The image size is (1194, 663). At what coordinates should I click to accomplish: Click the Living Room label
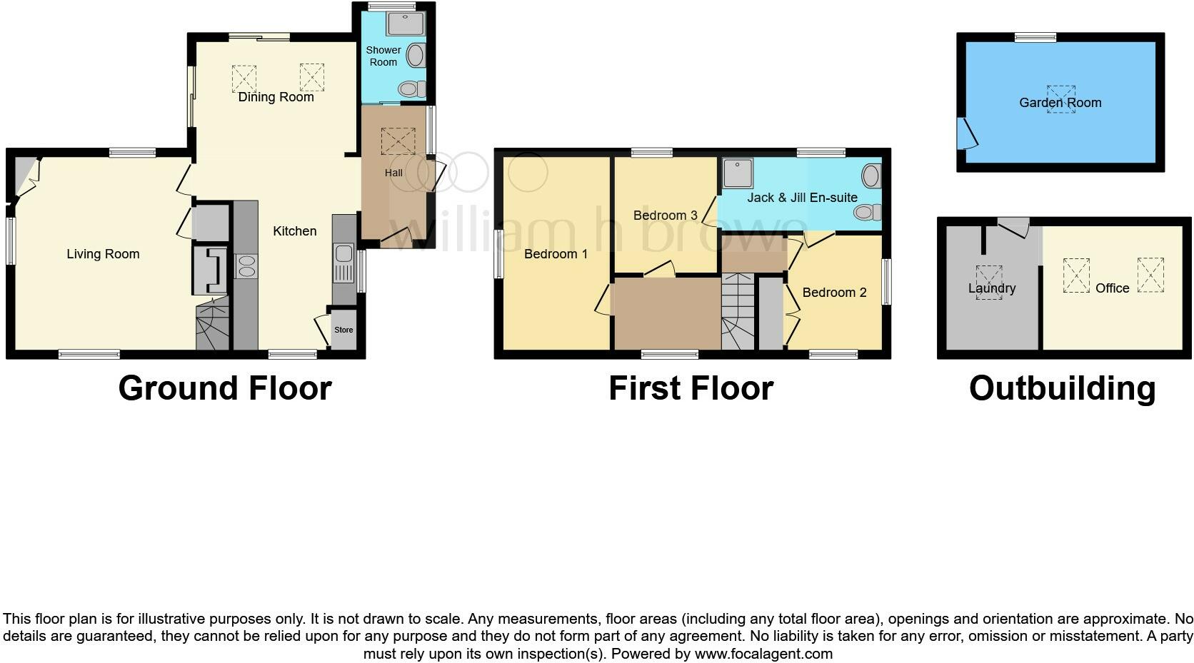[103, 254]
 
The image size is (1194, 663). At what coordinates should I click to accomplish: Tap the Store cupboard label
[343, 330]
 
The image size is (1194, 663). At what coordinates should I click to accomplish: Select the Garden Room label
[1060, 103]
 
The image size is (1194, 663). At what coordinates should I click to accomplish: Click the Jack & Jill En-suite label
[802, 198]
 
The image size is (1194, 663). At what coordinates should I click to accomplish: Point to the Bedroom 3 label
[665, 216]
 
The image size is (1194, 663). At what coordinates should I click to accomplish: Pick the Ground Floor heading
[225, 388]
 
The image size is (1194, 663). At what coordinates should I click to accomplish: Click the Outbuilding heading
[1062, 388]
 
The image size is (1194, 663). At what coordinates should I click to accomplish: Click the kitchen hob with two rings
[246, 266]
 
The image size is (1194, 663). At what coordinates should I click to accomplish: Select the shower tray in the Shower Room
[405, 24]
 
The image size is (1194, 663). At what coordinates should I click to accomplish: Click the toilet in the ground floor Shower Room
[411, 89]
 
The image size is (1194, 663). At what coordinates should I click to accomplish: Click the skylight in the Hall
[398, 141]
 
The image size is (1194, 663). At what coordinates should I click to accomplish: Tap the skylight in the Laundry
[989, 282]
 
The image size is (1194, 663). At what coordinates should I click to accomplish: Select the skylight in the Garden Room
[1060, 99]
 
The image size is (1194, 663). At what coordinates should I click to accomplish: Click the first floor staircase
[738, 313]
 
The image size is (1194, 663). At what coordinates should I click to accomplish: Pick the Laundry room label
[992, 289]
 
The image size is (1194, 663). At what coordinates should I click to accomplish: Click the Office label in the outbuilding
[1112, 288]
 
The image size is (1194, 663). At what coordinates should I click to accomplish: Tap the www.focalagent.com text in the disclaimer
[763, 653]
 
